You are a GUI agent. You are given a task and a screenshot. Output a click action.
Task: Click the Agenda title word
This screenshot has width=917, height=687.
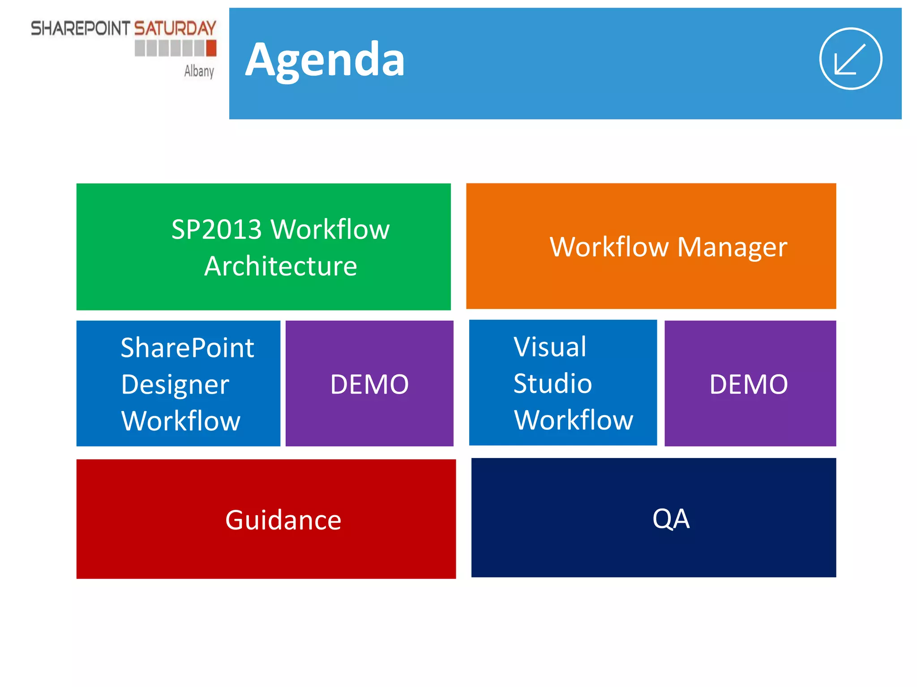(x=325, y=60)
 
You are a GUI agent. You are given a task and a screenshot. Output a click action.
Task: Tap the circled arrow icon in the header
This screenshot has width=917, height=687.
(x=850, y=59)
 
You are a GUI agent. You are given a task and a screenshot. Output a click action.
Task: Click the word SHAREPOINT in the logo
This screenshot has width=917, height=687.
(x=80, y=29)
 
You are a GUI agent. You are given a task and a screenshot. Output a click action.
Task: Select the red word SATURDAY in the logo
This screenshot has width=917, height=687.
(x=175, y=29)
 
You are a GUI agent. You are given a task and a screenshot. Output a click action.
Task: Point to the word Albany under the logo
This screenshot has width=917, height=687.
(x=199, y=71)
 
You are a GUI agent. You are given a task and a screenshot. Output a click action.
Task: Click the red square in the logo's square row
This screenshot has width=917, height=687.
(x=211, y=48)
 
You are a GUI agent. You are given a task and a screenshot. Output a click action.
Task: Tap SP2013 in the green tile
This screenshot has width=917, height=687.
(x=217, y=229)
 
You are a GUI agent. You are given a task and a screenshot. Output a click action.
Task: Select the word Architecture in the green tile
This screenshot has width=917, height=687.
(x=281, y=267)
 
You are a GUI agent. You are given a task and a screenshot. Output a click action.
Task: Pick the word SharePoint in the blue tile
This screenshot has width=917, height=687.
(x=188, y=348)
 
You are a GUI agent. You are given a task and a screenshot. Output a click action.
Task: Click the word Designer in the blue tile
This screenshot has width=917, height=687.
(x=175, y=385)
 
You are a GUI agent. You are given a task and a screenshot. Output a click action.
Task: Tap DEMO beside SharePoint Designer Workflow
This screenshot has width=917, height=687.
(x=369, y=384)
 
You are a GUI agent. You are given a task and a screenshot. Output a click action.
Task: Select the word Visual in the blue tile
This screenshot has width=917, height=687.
(x=550, y=347)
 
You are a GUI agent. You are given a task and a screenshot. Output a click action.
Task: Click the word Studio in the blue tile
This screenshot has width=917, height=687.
(x=553, y=384)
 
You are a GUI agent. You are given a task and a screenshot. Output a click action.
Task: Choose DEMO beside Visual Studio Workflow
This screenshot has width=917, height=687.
(x=749, y=384)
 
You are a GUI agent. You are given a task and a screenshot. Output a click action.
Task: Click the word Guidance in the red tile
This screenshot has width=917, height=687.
(x=283, y=520)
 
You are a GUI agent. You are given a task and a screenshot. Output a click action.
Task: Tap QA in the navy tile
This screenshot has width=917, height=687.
(x=671, y=519)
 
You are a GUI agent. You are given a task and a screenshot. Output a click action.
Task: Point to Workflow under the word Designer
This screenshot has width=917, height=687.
(x=181, y=421)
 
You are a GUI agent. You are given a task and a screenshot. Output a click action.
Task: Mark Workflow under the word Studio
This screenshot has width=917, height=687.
(x=574, y=420)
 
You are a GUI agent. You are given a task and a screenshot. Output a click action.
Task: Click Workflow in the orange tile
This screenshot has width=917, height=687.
(x=609, y=247)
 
